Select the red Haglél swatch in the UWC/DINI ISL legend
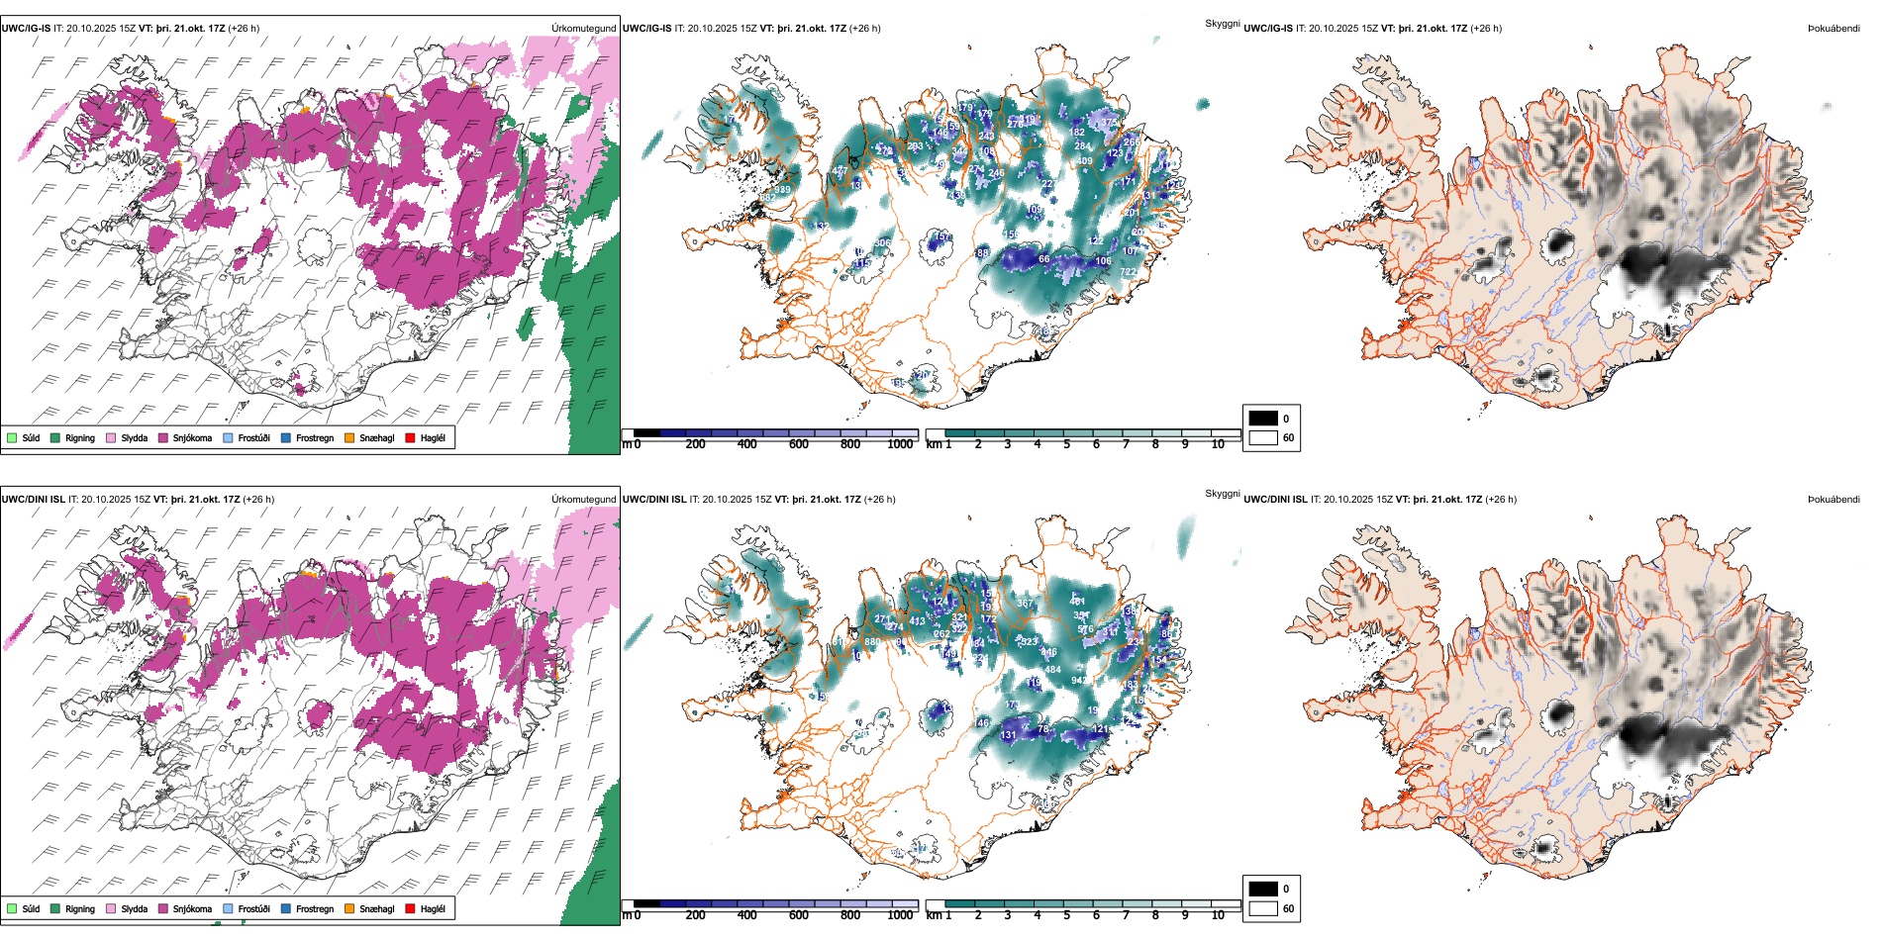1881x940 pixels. pyautogui.click(x=411, y=908)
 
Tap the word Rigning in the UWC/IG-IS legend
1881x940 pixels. pyautogui.click(x=80, y=437)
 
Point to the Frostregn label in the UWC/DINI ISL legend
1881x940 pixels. pyautogui.click(x=315, y=908)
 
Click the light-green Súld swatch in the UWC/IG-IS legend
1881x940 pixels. pyautogui.click(x=12, y=437)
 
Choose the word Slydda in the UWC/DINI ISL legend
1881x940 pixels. pyautogui.click(x=135, y=908)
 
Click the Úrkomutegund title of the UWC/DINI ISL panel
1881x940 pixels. pyautogui.click(x=583, y=500)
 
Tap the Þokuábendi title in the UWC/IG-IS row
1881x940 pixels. pyautogui.click(x=1833, y=29)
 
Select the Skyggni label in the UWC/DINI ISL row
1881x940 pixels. pyautogui.click(x=1222, y=493)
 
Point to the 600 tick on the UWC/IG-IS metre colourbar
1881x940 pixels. pyautogui.click(x=799, y=444)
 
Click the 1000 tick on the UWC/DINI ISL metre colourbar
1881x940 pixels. pyautogui.click(x=900, y=915)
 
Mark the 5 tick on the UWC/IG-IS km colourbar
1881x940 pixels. pyautogui.click(x=1067, y=444)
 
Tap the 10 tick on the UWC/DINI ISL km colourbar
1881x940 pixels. pyautogui.click(x=1218, y=915)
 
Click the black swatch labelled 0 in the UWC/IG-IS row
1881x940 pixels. pyautogui.click(x=1263, y=419)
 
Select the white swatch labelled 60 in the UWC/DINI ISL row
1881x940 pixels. pyautogui.click(x=1263, y=908)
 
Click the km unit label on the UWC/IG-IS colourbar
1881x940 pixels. pyautogui.click(x=933, y=444)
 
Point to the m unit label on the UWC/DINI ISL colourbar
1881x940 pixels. pyautogui.click(x=626, y=915)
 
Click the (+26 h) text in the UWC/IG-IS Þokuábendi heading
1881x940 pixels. pyautogui.click(x=1485, y=29)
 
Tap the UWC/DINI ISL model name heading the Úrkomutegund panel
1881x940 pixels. pyautogui.click(x=33, y=500)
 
